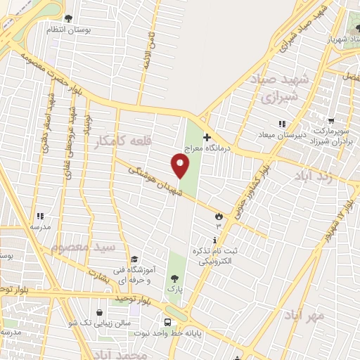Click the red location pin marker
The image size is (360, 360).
[x=181, y=166]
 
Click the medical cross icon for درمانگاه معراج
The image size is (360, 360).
[x=206, y=138]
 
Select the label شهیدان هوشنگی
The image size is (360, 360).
[x=150, y=180]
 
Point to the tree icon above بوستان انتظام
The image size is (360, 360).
[x=67, y=19]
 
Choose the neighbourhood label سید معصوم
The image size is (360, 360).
[x=82, y=247]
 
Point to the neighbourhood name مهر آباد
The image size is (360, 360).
[x=304, y=316]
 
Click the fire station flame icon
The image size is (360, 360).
[x=219, y=215]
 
